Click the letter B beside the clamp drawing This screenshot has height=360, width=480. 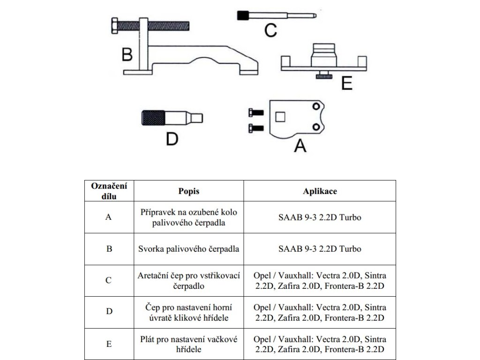[x=127, y=54]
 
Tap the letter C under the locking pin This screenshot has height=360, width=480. [x=270, y=30]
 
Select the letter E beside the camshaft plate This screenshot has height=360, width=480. [x=347, y=83]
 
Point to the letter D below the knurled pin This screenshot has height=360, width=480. [x=172, y=139]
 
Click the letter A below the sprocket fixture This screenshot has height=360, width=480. [x=300, y=146]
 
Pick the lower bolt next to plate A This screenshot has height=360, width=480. [x=255, y=127]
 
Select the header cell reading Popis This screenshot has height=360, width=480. [x=189, y=191]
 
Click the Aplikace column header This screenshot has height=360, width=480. [x=320, y=191]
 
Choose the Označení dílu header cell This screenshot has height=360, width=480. [x=109, y=191]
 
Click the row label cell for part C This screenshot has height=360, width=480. [x=109, y=280]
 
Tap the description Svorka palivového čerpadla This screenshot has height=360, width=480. [x=189, y=249]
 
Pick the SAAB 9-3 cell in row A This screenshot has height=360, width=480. [x=320, y=217]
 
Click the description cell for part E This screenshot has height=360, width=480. [x=189, y=344]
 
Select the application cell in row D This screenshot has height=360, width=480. [x=320, y=312]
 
